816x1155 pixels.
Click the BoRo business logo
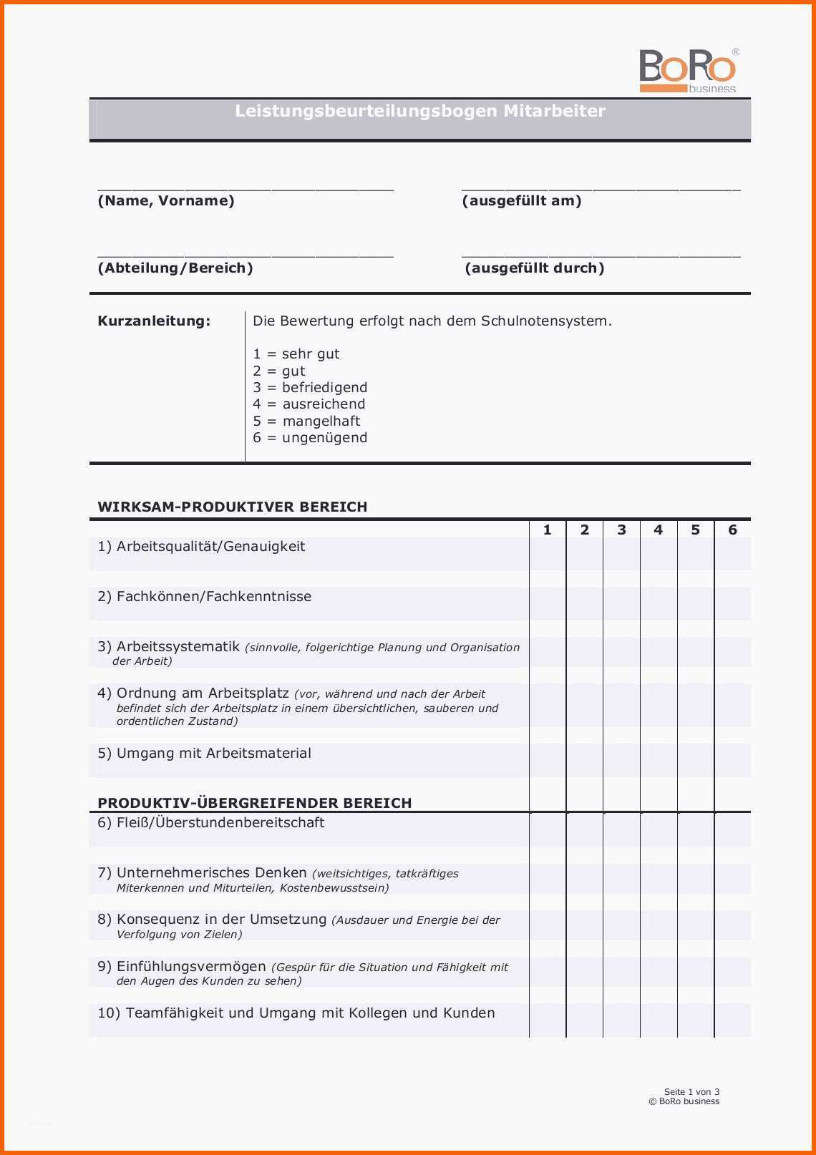pyautogui.click(x=688, y=71)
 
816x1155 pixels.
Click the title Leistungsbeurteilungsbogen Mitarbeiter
pyautogui.click(x=420, y=111)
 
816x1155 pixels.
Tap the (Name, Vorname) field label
pyautogui.click(x=166, y=201)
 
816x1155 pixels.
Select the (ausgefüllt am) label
pyautogui.click(x=522, y=201)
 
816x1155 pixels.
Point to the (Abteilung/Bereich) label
pyautogui.click(x=175, y=268)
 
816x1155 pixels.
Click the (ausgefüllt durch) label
pyautogui.click(x=535, y=268)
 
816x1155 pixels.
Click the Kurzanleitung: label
pyautogui.click(x=154, y=321)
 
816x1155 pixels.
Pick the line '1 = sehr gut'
pyautogui.click(x=296, y=354)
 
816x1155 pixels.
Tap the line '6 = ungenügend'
pyautogui.click(x=310, y=438)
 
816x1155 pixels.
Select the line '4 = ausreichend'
pyautogui.click(x=309, y=404)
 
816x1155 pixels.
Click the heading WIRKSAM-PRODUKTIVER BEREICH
pyautogui.click(x=233, y=507)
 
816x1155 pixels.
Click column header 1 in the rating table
pyautogui.click(x=548, y=530)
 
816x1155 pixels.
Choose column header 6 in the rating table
pyautogui.click(x=732, y=530)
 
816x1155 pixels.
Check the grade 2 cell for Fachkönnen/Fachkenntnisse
pyautogui.click(x=584, y=603)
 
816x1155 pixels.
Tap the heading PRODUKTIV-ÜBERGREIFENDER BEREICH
pyautogui.click(x=255, y=803)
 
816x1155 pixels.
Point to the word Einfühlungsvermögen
pyautogui.click(x=191, y=967)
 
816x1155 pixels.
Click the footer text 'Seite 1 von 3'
pyautogui.click(x=691, y=1092)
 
